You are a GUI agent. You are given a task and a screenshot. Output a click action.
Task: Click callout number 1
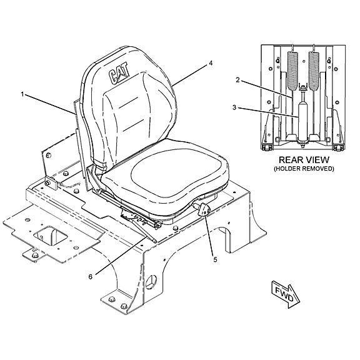22,94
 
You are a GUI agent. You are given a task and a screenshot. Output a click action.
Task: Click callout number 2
237,80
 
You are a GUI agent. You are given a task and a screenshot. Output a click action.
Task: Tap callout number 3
234,107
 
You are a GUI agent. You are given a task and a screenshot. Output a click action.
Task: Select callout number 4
211,63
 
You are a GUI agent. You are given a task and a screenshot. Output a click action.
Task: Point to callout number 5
215,259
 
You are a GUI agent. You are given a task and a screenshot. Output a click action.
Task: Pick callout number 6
91,277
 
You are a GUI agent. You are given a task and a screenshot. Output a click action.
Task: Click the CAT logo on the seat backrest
119,73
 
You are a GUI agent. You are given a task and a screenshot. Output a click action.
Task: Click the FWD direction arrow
286,294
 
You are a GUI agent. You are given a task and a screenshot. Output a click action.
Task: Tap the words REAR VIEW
304,159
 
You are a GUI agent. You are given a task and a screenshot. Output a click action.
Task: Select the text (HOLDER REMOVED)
304,169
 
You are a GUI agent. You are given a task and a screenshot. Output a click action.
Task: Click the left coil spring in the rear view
292,70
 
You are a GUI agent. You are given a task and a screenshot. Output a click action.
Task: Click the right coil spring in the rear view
314,70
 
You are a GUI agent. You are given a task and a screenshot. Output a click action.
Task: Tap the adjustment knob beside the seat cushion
203,209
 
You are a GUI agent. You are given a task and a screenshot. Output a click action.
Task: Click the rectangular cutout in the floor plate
50,236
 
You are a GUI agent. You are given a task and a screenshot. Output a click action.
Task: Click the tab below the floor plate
34,254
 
